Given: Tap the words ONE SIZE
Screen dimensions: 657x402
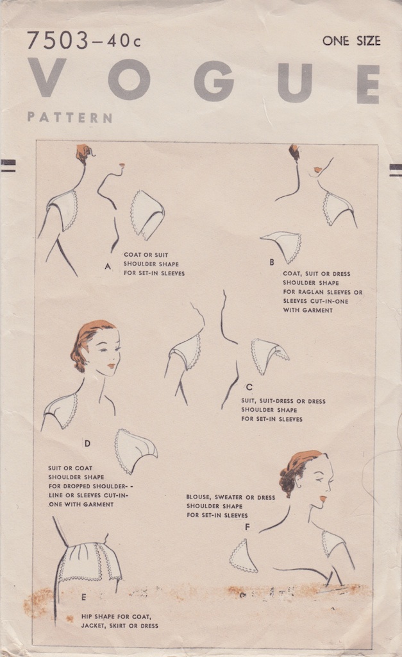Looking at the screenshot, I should (x=351, y=41).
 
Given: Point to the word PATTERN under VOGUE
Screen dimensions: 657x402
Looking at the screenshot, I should (x=69, y=117).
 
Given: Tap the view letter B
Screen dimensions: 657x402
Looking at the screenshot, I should (x=271, y=262).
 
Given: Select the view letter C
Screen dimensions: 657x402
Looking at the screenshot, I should (x=249, y=387).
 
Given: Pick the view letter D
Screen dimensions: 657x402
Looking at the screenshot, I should (x=87, y=443).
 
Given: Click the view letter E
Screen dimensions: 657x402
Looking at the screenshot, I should (x=83, y=597).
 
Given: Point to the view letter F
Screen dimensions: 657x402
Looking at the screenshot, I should (x=247, y=527).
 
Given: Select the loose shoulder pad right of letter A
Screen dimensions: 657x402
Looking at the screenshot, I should (x=147, y=214).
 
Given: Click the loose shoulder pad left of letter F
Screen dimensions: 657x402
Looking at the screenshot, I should (x=243, y=556).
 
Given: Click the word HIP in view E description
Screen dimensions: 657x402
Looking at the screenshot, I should (x=87, y=615).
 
